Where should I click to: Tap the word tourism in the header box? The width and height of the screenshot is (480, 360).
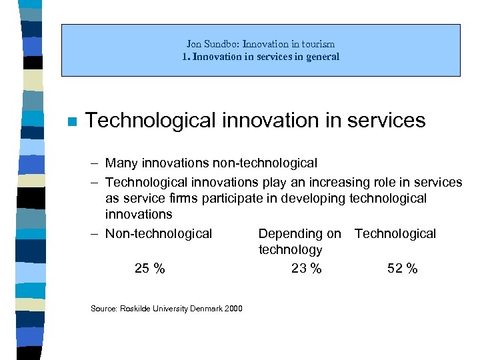click(319, 44)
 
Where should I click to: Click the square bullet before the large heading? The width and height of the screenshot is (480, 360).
click(73, 121)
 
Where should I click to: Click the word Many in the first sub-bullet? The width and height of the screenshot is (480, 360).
click(121, 163)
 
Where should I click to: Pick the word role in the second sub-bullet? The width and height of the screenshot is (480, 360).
click(371, 182)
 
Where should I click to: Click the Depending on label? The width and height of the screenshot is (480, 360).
click(299, 233)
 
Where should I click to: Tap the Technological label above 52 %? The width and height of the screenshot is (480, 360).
click(395, 233)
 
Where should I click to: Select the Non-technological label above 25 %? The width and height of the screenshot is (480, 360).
click(159, 233)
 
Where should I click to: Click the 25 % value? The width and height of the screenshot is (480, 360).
click(149, 269)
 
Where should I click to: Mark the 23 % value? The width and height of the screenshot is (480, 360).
click(306, 269)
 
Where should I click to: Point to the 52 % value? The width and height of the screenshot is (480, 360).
click(403, 269)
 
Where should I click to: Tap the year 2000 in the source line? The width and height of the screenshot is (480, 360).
click(233, 308)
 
